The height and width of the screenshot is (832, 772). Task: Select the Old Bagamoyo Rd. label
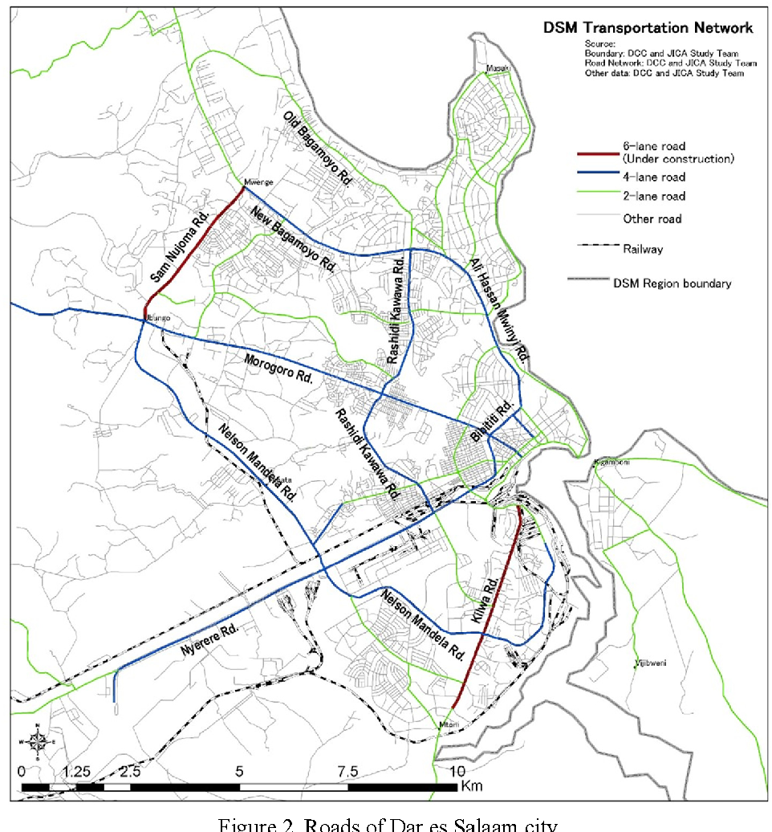pos(318,148)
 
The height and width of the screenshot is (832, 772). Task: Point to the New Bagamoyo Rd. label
pos(291,238)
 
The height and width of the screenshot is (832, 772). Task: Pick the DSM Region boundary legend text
pos(672,283)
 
